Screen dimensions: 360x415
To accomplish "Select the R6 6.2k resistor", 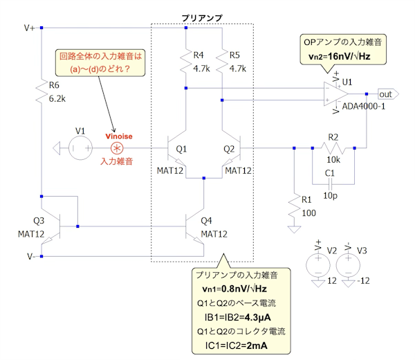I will tap(41, 93).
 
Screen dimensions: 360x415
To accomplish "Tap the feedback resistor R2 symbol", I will tap(334, 147).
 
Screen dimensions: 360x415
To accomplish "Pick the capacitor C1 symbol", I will tap(330, 183).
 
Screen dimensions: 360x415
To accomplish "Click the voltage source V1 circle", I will tap(78, 147).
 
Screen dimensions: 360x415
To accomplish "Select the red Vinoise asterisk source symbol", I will tap(118, 148).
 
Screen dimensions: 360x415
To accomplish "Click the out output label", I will tap(386, 93).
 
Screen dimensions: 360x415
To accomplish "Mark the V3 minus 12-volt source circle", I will tap(348, 264).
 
